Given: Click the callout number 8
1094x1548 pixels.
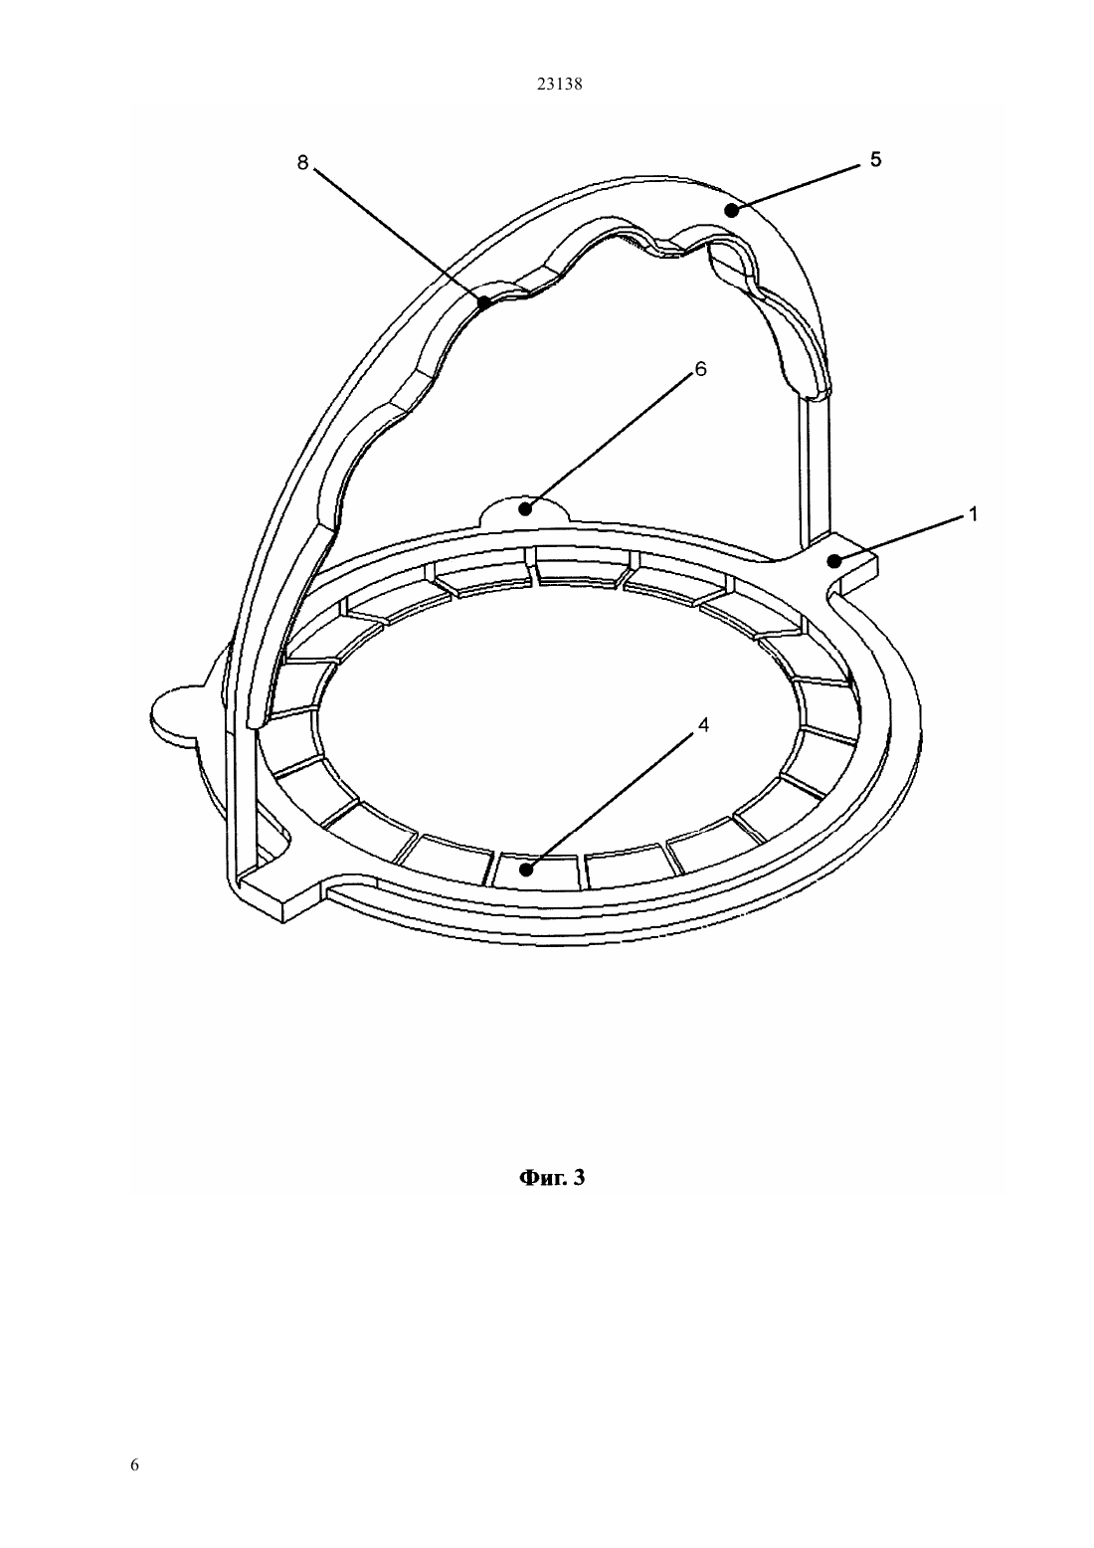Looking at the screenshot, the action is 302,163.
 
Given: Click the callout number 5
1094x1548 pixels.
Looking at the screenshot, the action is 875,159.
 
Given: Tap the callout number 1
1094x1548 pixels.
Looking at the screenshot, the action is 973,514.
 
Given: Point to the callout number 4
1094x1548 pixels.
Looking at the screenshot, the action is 703,725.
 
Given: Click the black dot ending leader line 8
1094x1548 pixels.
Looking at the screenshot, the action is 485,301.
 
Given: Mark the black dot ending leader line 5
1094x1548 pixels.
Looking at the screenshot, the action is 731,209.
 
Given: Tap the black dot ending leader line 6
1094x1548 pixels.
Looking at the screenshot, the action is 525,509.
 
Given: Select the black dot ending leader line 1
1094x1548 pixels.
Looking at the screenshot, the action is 835,561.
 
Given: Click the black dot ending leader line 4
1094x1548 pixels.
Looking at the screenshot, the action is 528,870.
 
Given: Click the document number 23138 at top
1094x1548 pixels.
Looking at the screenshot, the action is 559,85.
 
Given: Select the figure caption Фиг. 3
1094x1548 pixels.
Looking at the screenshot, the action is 552,1178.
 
